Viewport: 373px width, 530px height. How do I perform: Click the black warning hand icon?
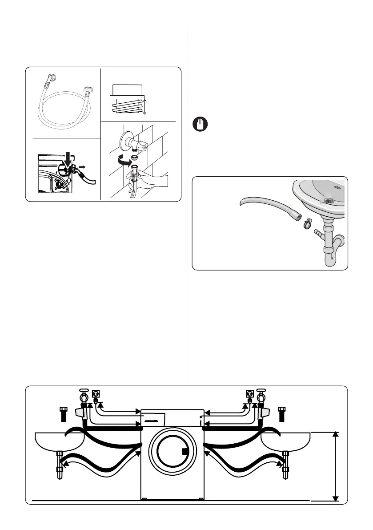point(199,124)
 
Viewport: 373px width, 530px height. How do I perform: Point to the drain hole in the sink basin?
point(329,201)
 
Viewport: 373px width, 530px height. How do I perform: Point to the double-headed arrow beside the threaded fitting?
point(143,107)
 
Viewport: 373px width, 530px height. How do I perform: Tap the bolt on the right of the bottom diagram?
point(282,413)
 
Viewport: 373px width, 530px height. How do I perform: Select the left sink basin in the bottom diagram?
point(60,442)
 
